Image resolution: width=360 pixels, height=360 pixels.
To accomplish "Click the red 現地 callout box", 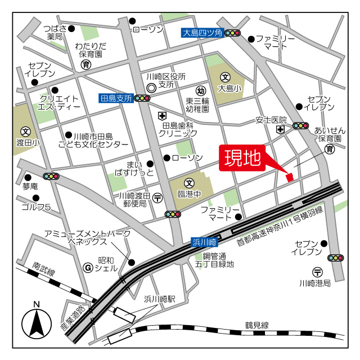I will pyautogui.click(x=243, y=159).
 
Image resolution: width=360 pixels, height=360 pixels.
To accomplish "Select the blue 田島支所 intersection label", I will pyautogui.click(x=115, y=98).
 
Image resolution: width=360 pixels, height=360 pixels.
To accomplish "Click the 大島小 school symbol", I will pyautogui.click(x=225, y=77).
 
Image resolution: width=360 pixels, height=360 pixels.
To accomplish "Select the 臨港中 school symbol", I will pyautogui.click(x=190, y=183).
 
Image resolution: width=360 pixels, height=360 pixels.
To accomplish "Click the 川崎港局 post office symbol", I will pyautogui.click(x=318, y=271).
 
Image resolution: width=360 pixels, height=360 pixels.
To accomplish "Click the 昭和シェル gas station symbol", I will pyautogui.click(x=87, y=267).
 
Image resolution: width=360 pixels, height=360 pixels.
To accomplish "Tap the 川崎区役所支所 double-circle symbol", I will pyautogui.click(x=151, y=88).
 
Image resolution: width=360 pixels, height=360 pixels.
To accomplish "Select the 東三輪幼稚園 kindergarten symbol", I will pyautogui.click(x=200, y=90).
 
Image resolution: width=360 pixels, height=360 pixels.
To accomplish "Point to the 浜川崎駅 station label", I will pyautogui.click(x=160, y=299).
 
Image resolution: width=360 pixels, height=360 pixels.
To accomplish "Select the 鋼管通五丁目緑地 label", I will pyautogui.click(x=214, y=259).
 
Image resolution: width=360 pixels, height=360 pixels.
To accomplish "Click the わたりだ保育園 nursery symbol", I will pyautogui.click(x=85, y=65).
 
